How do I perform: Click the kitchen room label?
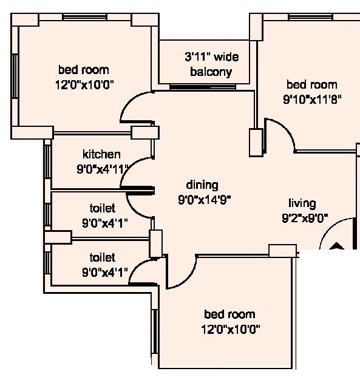(x=101, y=154)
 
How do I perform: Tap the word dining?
(x=202, y=185)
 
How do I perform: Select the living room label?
(x=302, y=203)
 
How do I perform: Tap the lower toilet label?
(x=101, y=257)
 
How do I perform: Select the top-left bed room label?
(x=84, y=70)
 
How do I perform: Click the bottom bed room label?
(x=229, y=314)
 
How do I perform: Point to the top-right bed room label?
(x=311, y=85)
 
